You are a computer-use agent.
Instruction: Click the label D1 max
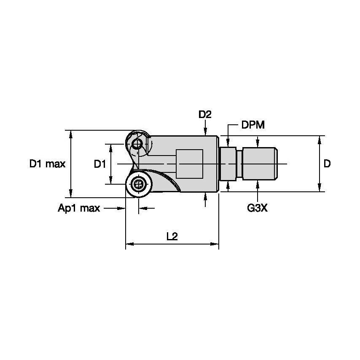(47, 164)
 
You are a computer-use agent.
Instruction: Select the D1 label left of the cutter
(99, 164)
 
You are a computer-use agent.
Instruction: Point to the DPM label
(253, 125)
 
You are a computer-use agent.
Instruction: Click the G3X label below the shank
(257, 208)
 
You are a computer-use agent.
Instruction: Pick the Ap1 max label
(79, 208)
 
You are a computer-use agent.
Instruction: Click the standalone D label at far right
(327, 164)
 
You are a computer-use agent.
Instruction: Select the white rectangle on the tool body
(189, 164)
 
